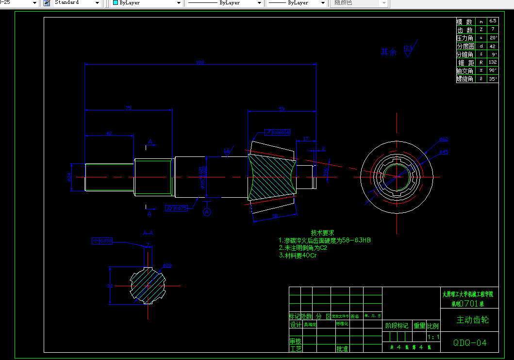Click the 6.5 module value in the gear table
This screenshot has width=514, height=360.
point(493,21)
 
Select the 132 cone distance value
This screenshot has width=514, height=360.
point(493,62)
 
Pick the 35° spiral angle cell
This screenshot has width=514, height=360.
point(493,79)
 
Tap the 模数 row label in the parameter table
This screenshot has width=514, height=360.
point(464,22)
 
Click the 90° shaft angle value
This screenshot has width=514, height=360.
point(493,70)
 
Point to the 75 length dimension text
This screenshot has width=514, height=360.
point(129,108)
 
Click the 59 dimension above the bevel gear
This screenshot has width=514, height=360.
point(282,109)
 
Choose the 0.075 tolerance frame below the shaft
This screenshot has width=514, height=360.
point(177,208)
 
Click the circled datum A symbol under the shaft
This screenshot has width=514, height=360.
point(207,212)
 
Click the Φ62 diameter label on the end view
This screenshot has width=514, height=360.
point(444,139)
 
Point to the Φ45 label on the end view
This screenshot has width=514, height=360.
point(444,152)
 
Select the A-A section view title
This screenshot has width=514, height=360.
point(149,233)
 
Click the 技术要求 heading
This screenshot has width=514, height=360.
point(322,233)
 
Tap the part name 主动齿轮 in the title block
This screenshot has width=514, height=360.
point(472,320)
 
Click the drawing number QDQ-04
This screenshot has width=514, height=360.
point(469,343)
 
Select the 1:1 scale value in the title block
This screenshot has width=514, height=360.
point(433,337)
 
